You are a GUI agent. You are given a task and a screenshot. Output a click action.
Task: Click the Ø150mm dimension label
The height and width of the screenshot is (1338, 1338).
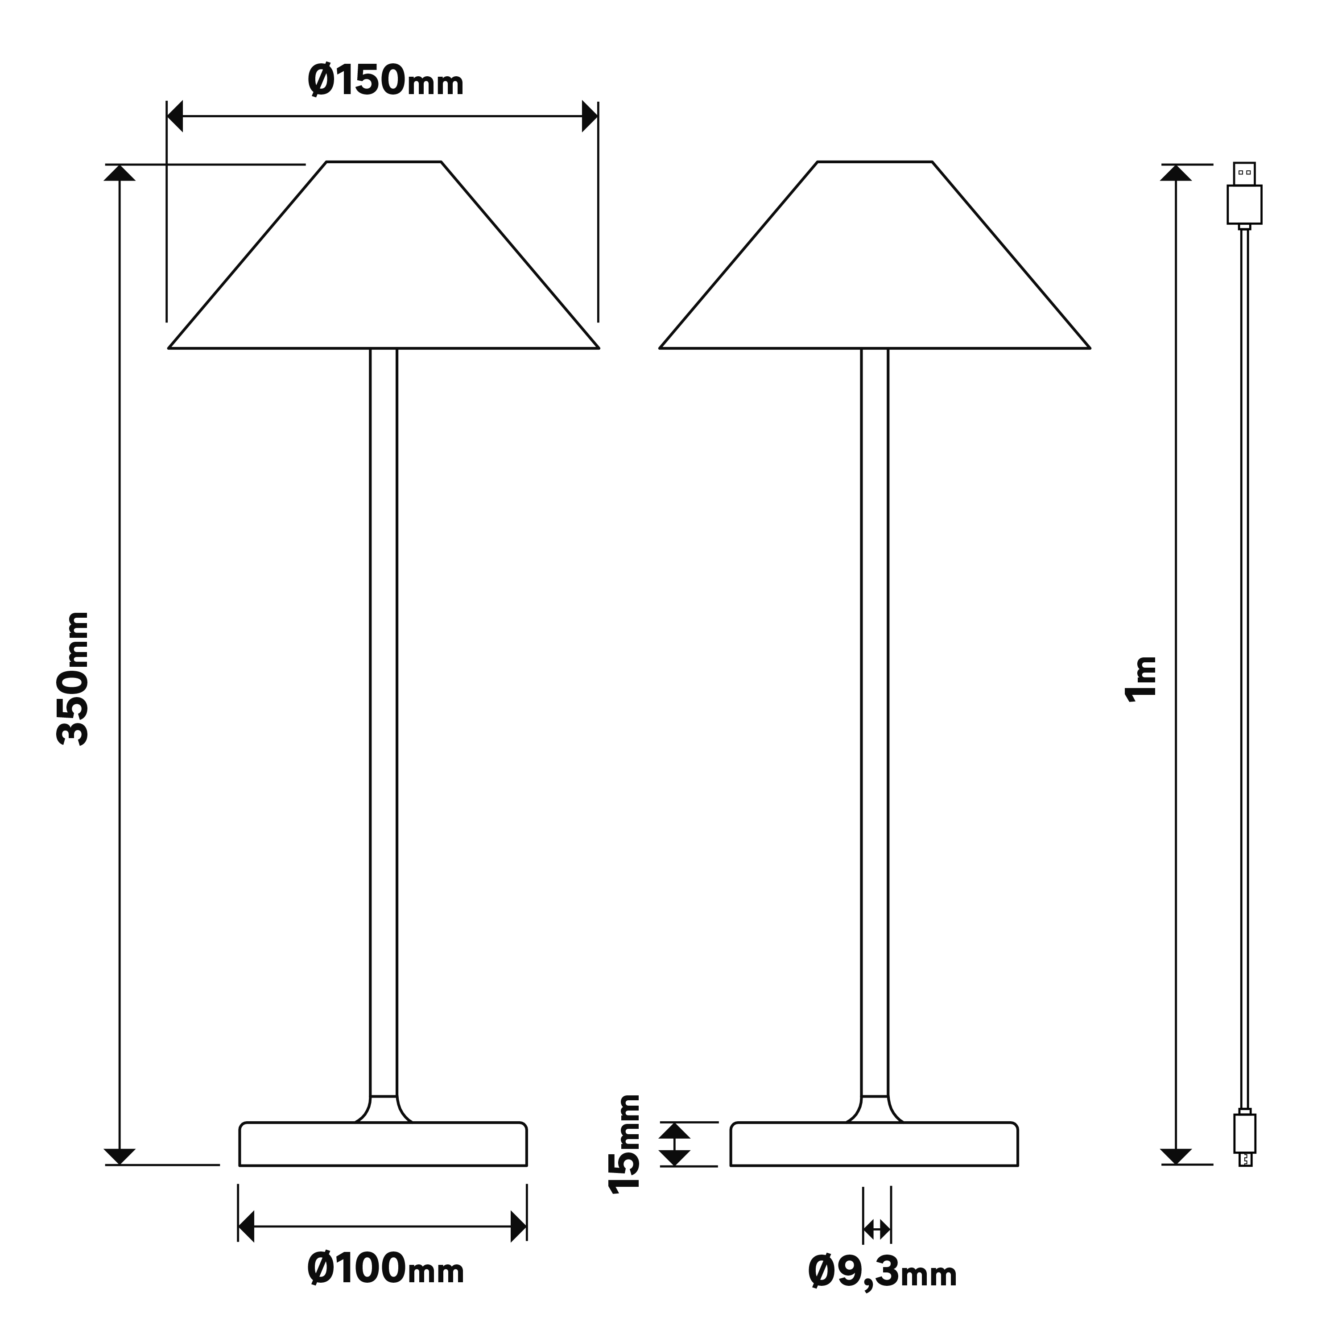(385, 82)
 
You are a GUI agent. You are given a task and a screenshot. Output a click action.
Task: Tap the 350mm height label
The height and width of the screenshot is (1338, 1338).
(73, 679)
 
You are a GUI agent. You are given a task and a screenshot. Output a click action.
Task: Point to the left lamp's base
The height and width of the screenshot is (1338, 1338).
(383, 1144)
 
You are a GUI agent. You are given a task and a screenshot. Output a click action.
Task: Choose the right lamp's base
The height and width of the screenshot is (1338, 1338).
(874, 1144)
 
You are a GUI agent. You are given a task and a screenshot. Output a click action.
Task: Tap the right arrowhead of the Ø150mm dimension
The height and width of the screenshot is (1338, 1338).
(589, 116)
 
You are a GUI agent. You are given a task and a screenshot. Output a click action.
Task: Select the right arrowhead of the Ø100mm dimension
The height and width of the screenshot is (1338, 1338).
(518, 1226)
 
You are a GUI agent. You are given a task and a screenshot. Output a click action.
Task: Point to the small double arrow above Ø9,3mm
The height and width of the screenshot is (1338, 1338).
(877, 1230)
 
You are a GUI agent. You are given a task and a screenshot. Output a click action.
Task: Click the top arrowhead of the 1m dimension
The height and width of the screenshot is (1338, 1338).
(1176, 173)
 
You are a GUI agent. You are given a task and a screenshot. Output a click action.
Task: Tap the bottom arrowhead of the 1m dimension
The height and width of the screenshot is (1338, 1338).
(1176, 1156)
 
